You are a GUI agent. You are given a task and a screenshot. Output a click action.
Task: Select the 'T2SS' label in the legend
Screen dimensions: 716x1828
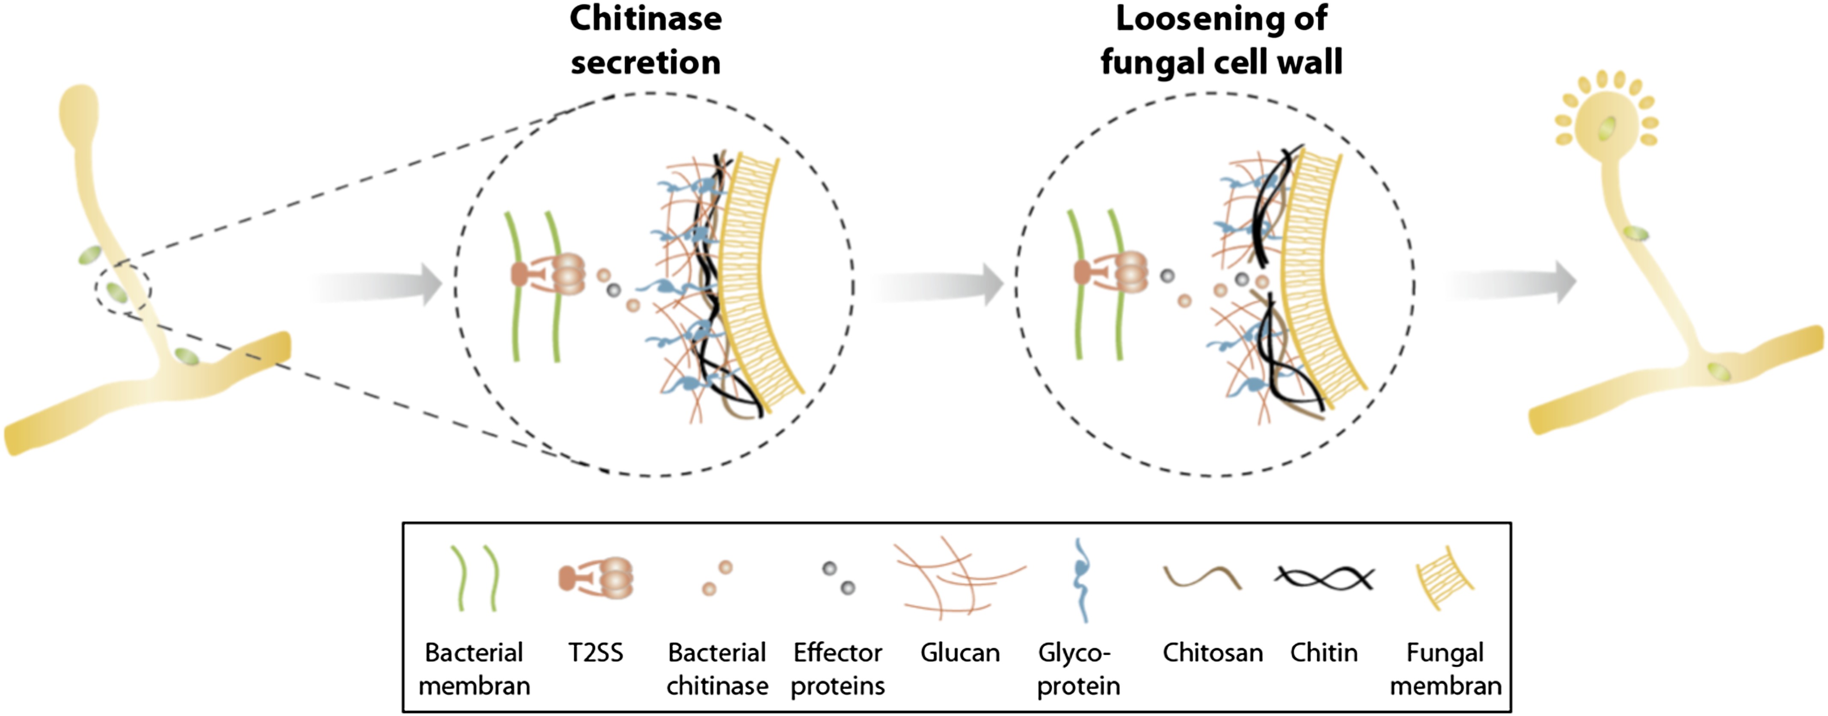click(x=595, y=652)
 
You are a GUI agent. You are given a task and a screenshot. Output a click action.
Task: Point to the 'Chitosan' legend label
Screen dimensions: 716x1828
click(x=1212, y=652)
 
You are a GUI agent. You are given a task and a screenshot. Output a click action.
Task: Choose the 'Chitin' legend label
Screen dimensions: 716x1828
click(x=1324, y=652)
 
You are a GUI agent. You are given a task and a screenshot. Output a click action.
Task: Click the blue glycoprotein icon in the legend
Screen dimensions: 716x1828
click(x=1081, y=578)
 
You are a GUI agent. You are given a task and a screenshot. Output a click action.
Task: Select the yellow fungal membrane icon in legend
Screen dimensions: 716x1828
click(x=1445, y=577)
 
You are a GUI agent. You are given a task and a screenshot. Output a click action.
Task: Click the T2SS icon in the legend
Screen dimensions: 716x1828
click(x=596, y=578)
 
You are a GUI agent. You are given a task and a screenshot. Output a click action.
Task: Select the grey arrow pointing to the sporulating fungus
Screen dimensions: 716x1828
click(x=1511, y=282)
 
